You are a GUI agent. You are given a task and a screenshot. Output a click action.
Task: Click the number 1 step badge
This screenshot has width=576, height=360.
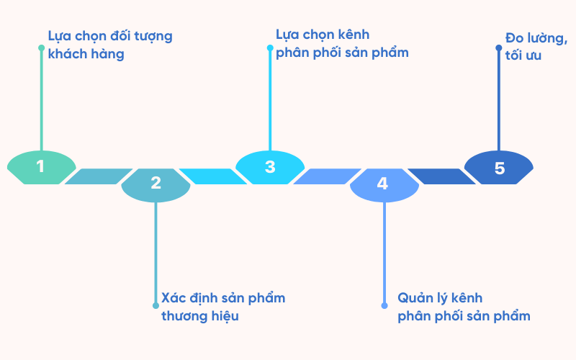[41, 167]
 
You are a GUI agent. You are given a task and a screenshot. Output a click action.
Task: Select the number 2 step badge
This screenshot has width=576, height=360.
[156, 184]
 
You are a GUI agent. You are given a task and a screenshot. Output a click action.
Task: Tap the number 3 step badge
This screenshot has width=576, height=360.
[270, 167]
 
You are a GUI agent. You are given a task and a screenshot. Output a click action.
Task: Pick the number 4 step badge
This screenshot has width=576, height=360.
[384, 184]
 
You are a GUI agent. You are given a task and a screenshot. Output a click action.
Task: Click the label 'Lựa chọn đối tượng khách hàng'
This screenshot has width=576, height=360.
[109, 45]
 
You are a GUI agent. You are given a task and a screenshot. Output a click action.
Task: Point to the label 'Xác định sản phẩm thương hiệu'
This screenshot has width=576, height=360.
[223, 307]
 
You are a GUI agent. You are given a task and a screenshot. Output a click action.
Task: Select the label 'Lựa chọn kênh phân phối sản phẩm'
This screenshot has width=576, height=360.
[342, 43]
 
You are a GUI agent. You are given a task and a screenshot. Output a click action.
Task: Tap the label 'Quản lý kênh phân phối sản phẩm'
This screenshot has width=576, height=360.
[464, 307]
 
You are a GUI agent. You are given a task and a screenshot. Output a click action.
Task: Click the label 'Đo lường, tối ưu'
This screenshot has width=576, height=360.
[536, 46]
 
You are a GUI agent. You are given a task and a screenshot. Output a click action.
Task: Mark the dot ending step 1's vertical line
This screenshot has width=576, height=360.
[41, 48]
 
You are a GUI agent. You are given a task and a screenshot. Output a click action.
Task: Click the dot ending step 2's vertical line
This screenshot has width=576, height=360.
[156, 305]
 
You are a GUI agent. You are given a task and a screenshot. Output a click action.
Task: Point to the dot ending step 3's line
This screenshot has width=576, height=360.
[270, 48]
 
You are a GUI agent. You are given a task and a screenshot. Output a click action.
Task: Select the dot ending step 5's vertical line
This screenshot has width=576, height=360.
[498, 48]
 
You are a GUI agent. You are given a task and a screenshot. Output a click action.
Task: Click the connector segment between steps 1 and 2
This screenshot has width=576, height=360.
[98, 176]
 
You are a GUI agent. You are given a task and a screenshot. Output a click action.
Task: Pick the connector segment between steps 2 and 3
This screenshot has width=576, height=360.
[212, 176]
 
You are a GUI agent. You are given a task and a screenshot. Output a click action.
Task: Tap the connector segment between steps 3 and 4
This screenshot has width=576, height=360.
[327, 176]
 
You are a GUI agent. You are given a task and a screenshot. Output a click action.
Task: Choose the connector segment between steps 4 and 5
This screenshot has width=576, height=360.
[441, 176]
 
